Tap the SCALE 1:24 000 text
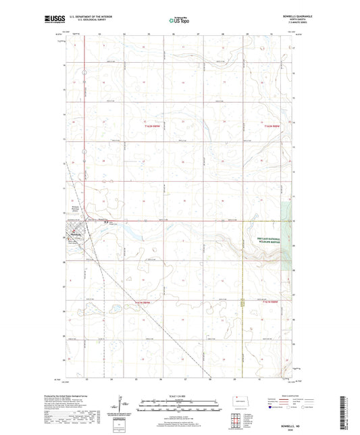tap(180, 395)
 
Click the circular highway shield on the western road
tap(84, 72)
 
